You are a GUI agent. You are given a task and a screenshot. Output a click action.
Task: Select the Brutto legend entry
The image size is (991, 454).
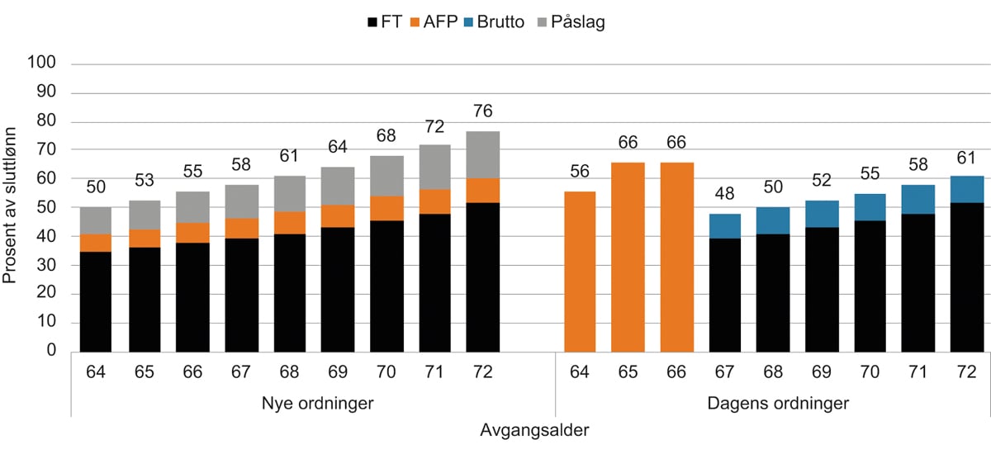point(493,22)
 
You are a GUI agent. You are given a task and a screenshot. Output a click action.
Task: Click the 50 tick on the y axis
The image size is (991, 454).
point(46,207)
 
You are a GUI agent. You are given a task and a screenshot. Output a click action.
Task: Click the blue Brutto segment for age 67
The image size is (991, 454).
point(724,226)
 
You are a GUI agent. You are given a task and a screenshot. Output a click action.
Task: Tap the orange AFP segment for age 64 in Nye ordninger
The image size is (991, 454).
point(95,243)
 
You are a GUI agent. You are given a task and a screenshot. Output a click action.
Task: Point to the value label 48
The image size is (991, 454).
point(724,196)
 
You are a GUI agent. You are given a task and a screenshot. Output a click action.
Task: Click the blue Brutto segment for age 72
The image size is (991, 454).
point(966,189)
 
